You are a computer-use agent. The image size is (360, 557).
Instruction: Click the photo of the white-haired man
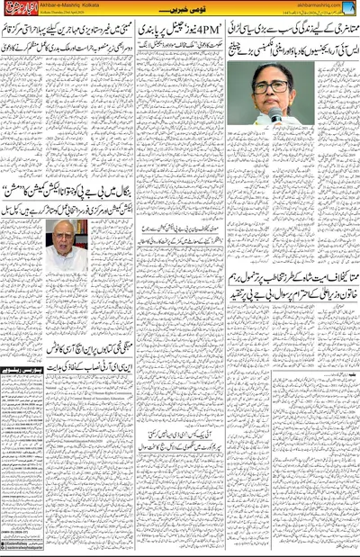(x=67, y=246)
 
